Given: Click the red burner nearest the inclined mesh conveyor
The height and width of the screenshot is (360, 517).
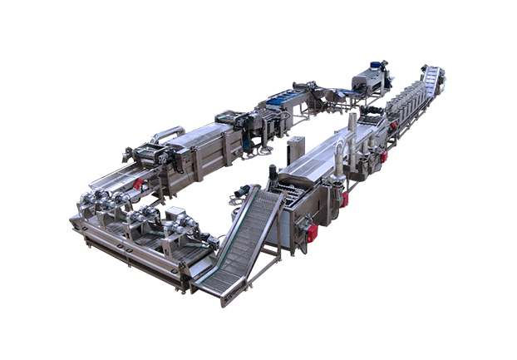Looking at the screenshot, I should tap(312, 234).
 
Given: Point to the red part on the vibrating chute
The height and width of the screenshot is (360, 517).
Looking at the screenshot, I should tap(139, 184).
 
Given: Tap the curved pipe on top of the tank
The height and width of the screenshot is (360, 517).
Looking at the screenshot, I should tap(166, 133).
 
